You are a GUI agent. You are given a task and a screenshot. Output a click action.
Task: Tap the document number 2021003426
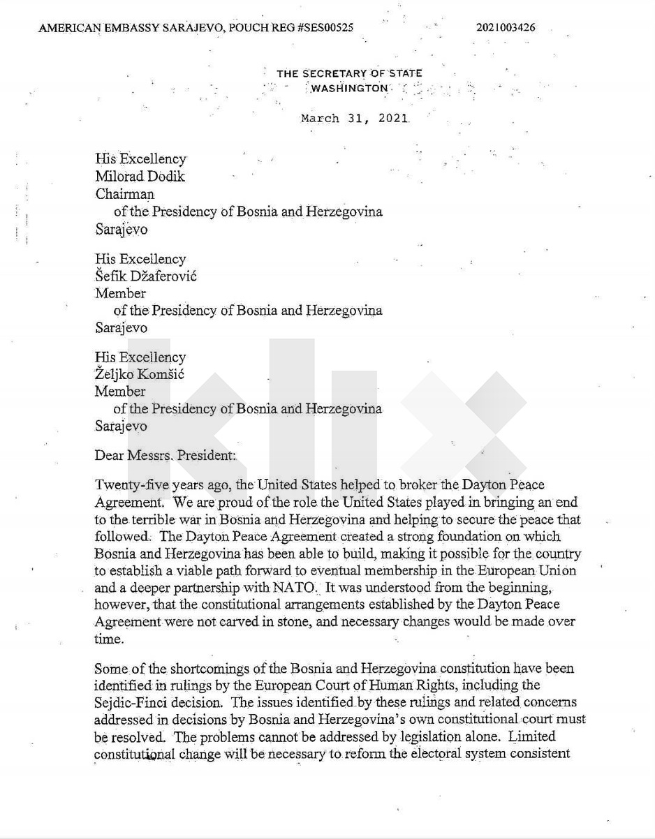[x=506, y=28]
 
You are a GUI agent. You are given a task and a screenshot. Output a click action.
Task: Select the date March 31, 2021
[x=355, y=118]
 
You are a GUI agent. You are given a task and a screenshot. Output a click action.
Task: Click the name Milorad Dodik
[x=140, y=177]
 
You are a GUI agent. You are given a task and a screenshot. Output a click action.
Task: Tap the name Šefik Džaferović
[x=146, y=276]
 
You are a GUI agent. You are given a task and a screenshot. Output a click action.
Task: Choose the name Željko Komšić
[x=140, y=374]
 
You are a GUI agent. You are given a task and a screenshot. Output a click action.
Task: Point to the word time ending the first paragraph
[x=108, y=639]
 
